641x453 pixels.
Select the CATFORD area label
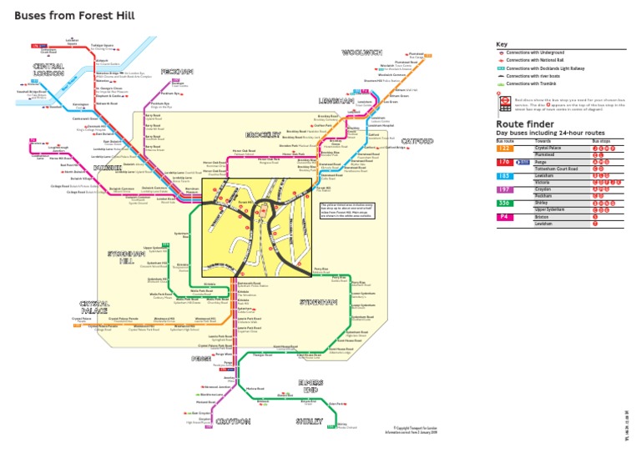click(x=418, y=141)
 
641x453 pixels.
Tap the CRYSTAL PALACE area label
click(x=94, y=308)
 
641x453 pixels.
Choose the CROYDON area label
click(x=233, y=422)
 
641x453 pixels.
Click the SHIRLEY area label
click(x=308, y=422)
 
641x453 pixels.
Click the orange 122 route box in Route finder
click(x=504, y=149)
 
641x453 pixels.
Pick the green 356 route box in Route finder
click(x=504, y=202)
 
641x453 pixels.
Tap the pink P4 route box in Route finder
click(x=504, y=215)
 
